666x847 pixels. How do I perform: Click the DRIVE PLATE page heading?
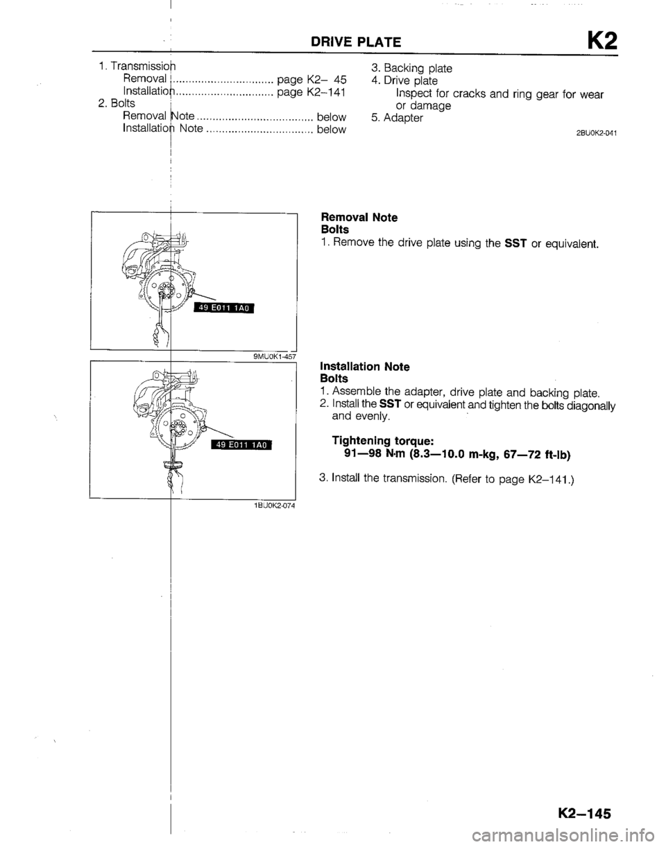click(355, 42)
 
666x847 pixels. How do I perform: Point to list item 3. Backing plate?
click(411, 69)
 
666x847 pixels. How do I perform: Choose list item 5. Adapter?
click(398, 118)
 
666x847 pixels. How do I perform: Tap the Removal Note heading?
click(359, 217)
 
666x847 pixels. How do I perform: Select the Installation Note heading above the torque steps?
click(365, 367)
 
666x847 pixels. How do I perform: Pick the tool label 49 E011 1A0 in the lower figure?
click(241, 444)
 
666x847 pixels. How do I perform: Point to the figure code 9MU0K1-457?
click(275, 356)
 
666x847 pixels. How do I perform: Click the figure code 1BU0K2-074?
click(274, 506)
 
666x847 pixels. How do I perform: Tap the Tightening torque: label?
click(382, 441)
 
